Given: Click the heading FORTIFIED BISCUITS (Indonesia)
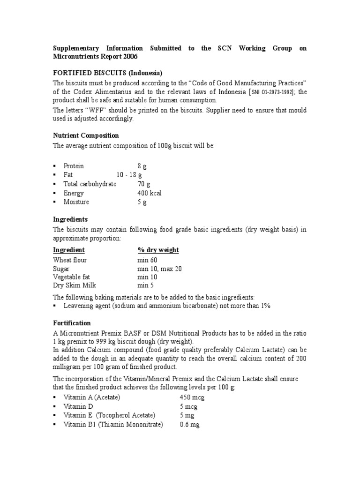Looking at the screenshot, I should tap(107, 73).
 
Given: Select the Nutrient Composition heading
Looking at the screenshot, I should tap(86, 135).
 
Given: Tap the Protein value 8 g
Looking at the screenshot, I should tap(142, 166).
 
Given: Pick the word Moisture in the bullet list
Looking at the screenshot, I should tap(76, 202).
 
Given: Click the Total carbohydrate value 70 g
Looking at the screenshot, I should tap(143, 184).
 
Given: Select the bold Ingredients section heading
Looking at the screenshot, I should tap(70, 219).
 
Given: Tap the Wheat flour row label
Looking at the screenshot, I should tap(70, 260).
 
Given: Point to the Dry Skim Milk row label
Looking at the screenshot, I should tap(75, 285).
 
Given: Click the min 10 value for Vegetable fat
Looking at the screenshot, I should tap(146, 277).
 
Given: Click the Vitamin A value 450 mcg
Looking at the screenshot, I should tap(192, 397).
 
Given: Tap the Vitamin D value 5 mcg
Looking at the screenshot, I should tap(189, 406).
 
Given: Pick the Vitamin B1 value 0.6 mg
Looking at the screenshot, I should tap(189, 425).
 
